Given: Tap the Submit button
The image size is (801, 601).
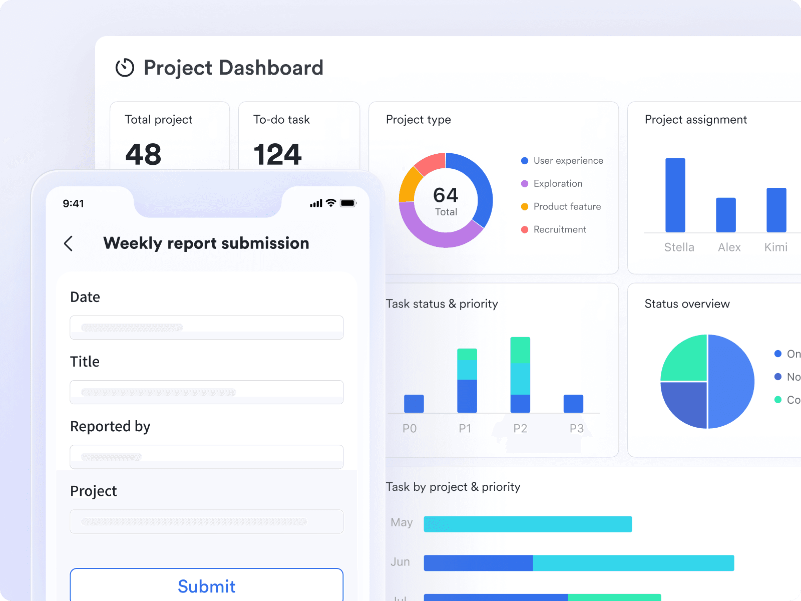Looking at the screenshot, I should tap(206, 585).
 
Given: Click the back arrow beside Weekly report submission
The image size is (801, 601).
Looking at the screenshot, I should tap(69, 243).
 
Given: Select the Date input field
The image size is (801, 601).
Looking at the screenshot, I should tap(206, 328).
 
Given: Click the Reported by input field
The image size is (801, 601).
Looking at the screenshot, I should tap(206, 456).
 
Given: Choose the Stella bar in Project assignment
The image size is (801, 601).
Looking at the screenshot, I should tap(675, 195).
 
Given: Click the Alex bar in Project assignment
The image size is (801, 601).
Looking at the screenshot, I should tap(725, 215).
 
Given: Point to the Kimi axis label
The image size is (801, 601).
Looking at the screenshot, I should tap(775, 247).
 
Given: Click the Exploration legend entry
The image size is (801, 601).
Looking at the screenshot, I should tap(558, 183).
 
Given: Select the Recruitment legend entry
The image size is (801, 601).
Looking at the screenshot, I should tap(559, 229).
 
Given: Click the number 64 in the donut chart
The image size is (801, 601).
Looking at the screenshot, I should tap(446, 195).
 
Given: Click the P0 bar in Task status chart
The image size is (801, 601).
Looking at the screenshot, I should tap(414, 404).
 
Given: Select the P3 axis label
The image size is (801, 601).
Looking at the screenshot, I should tap(576, 428).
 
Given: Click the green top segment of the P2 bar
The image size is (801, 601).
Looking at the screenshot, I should tap(520, 350).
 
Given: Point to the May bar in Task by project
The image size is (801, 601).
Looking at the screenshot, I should tap(528, 524).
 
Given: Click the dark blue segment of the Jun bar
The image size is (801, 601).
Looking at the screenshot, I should tap(478, 563).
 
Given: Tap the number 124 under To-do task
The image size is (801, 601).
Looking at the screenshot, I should tap(277, 154).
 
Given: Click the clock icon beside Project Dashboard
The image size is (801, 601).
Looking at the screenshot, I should tap(125, 68).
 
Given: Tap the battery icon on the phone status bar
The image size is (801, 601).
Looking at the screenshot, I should tap(348, 203).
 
